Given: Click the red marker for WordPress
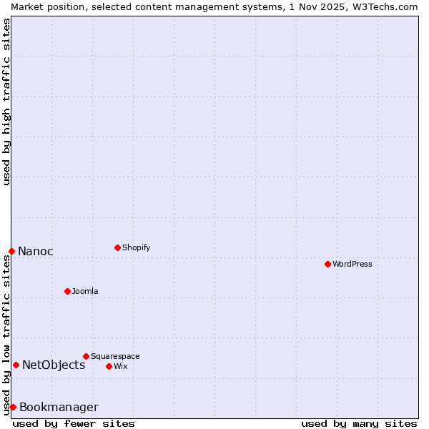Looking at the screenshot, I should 327,264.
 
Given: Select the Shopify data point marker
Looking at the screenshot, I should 117,247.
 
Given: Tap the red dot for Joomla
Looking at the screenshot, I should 67,291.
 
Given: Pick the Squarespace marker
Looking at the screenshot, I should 86,356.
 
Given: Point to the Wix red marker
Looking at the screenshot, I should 109,366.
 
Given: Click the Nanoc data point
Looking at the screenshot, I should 11,251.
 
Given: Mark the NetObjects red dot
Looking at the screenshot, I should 16,365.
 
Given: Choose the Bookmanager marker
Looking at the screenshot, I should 13,407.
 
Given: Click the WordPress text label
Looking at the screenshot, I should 352,264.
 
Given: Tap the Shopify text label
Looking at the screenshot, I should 136,247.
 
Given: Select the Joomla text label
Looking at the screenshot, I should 85,291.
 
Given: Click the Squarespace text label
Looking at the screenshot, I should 115,356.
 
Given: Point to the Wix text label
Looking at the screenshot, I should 120,366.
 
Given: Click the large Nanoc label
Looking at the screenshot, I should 36,251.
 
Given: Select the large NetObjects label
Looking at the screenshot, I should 54,365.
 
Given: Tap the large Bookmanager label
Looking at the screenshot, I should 59,407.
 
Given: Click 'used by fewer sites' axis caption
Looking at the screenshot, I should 74,423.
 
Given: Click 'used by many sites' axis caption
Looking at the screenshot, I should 359,423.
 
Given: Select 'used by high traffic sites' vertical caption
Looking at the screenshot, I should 6,102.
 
